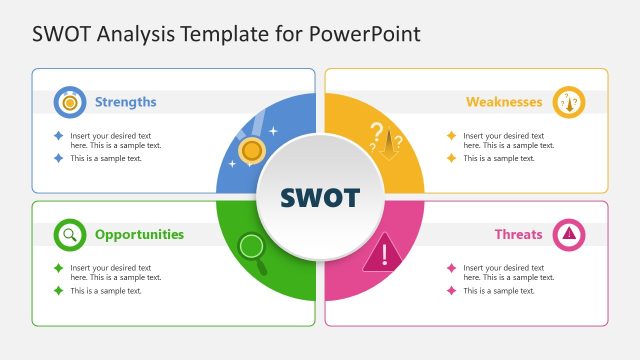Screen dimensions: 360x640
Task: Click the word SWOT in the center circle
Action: pos(320,197)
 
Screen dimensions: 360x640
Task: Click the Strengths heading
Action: pos(125,102)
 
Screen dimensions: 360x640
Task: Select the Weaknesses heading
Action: pos(504,102)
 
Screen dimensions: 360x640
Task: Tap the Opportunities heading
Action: pos(139,235)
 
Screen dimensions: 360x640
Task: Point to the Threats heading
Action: pos(518,235)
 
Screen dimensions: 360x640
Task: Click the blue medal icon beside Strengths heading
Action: pos(69,102)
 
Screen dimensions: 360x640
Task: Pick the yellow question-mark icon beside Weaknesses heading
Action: pos(569,102)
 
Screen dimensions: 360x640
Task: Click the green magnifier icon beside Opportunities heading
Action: pos(69,235)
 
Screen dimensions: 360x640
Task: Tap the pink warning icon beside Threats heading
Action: pos(569,235)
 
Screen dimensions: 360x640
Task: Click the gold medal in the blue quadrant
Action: pos(252,151)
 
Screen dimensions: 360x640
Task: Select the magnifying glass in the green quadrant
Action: pos(252,248)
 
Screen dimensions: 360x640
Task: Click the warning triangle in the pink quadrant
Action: pos(381,252)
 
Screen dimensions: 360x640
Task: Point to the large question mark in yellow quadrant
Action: pos(377,132)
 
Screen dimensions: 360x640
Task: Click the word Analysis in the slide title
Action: pos(132,33)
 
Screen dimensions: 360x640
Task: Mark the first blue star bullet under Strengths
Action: pos(58,136)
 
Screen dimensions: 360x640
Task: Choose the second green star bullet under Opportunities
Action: pos(58,291)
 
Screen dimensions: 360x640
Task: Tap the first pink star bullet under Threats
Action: pos(451,268)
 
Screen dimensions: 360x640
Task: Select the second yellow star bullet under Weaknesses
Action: pos(451,158)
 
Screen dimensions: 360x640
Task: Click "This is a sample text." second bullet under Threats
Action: pos(499,291)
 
